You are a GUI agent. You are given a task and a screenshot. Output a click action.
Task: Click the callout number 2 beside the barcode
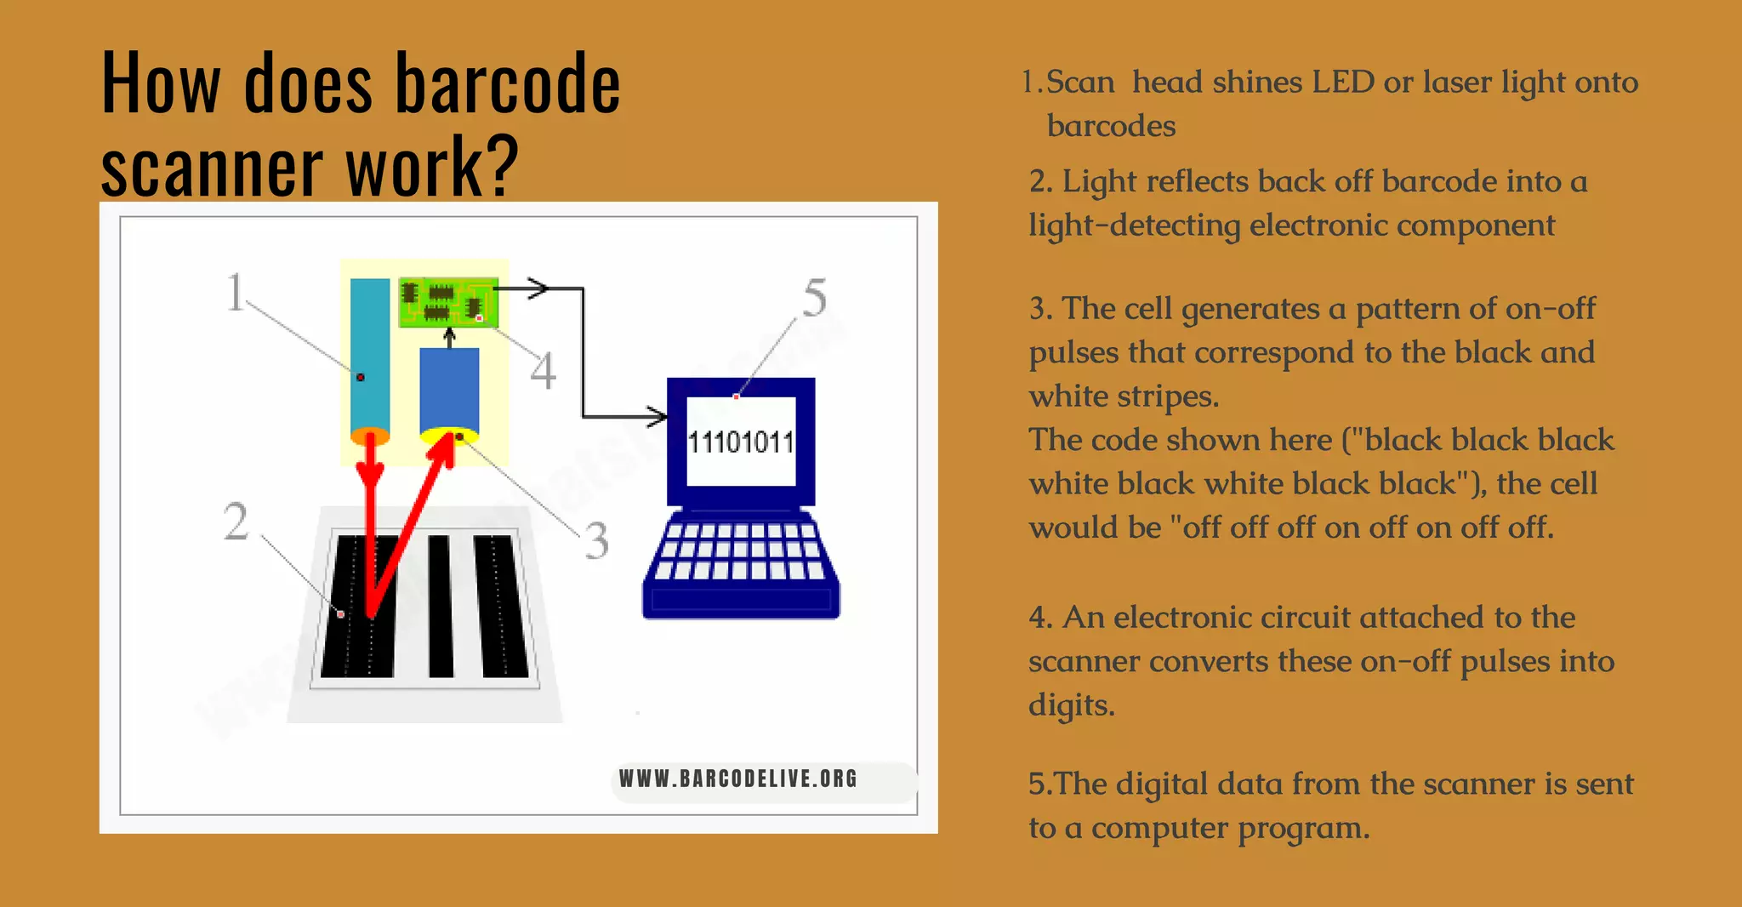[x=236, y=521]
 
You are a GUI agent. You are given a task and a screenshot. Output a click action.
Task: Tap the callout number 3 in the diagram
[x=597, y=540]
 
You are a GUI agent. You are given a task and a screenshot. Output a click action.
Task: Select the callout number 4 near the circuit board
[x=543, y=371]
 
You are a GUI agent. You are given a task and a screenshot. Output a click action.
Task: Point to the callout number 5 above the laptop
[x=814, y=298]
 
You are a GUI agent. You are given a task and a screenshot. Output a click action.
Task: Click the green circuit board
[x=448, y=302]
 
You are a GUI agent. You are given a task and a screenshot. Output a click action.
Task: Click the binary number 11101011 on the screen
[x=740, y=442]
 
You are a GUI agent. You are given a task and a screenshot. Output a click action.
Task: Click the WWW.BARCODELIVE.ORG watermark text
[x=737, y=779]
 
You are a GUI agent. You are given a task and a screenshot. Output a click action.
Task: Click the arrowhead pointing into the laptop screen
[x=658, y=417]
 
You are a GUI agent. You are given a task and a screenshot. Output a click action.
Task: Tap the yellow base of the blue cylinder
[x=449, y=436]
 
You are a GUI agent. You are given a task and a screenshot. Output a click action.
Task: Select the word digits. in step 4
[x=1071, y=705]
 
